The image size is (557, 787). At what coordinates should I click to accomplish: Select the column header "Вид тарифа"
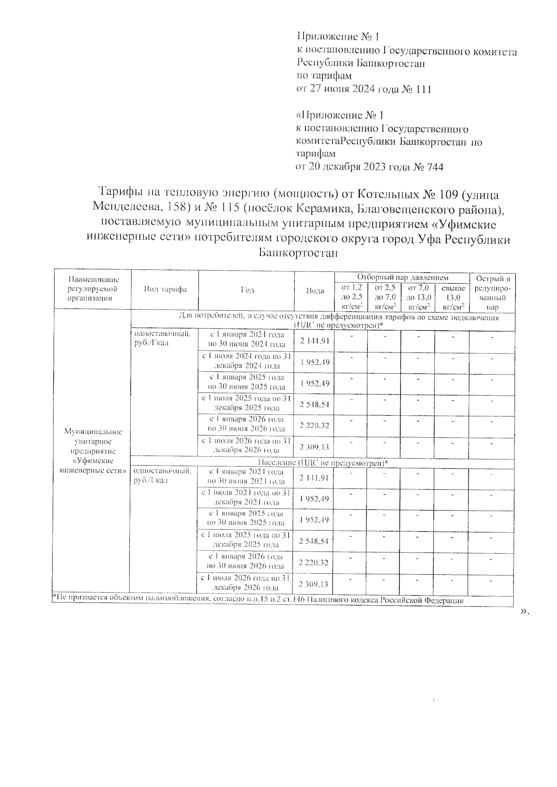(x=165, y=290)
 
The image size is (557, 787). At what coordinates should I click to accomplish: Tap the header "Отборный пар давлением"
(x=402, y=277)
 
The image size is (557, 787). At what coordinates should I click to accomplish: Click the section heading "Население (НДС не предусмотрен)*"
(x=323, y=463)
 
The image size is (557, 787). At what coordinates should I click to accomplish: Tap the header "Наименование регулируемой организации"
(x=93, y=289)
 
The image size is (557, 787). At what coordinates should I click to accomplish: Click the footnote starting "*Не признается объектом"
(x=258, y=600)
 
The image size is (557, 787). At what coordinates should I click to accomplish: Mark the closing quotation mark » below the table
(x=525, y=612)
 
